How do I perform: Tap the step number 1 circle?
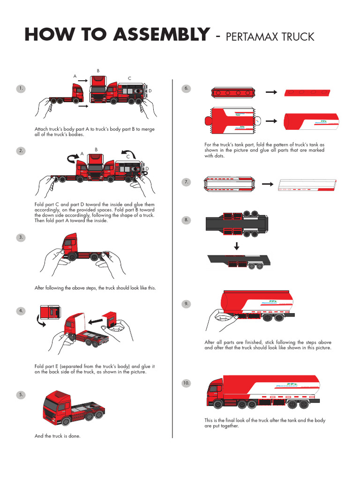pos(21,89)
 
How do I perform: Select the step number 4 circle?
pos(21,311)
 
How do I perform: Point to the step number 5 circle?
pos(21,395)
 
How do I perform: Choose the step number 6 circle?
pos(186,89)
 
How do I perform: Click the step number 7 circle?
pos(186,182)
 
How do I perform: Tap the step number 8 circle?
pos(186,220)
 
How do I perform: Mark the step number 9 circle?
pos(186,304)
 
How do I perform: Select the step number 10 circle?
pos(186,383)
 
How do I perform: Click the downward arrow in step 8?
pos(237,246)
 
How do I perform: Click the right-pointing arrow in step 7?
pos(268,185)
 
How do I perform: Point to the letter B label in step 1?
pos(98,71)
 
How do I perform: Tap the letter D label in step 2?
pos(147,169)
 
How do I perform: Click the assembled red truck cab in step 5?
pos(59,406)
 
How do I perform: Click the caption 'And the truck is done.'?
pos(57,436)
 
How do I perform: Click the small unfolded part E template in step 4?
pos(49,311)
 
